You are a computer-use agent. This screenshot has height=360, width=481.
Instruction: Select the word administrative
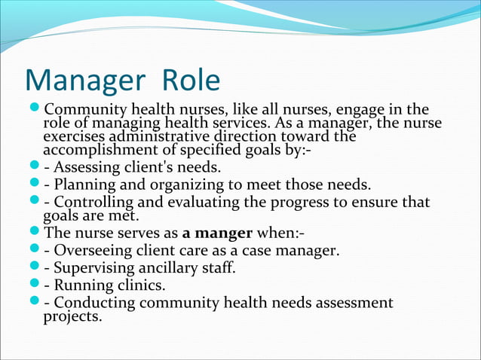[159, 137]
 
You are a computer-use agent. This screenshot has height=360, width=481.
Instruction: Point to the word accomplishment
[96, 150]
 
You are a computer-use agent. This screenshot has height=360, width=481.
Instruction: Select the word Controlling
[93, 203]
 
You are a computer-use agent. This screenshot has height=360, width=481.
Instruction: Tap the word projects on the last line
[72, 316]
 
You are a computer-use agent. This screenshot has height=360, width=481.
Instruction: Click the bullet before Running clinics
[35, 285]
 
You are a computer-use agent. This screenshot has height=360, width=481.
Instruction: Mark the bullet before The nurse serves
[35, 233]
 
